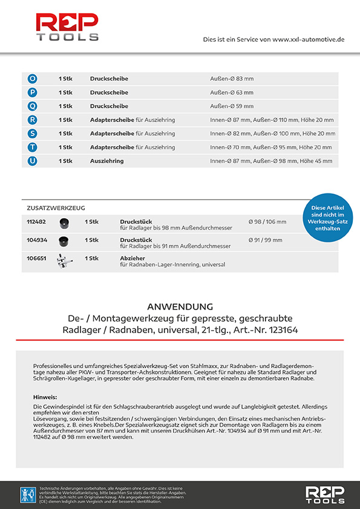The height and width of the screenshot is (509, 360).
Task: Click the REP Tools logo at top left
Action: [x=67, y=28]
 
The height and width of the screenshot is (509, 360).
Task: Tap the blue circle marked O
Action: [x=33, y=79]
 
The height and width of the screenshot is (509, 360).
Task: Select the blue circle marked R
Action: [x=33, y=120]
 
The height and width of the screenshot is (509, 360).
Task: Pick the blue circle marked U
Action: [x=33, y=161]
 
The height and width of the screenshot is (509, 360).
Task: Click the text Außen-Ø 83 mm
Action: [x=232, y=79]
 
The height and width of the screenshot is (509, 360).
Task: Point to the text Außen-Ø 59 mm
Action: [x=232, y=106]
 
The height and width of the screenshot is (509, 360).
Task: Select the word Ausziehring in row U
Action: [x=107, y=161]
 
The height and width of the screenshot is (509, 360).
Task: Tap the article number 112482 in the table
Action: [x=36, y=222]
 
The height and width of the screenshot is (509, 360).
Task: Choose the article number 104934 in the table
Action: [x=36, y=241]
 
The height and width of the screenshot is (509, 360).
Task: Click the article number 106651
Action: [x=36, y=258]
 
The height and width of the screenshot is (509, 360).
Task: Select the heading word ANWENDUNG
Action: [x=180, y=306]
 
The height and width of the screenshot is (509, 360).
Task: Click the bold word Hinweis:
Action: [x=45, y=397]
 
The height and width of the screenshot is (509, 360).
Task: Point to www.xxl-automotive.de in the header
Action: [x=309, y=39]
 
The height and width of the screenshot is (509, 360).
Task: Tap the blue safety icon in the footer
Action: [x=28, y=494]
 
